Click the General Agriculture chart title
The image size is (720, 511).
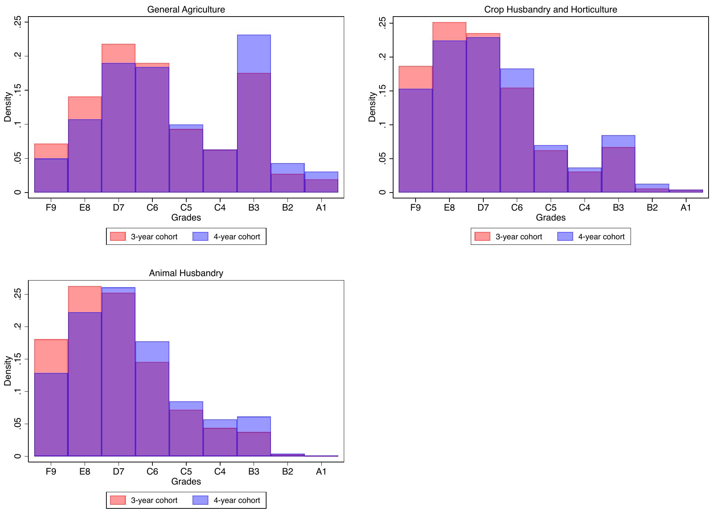point(186,10)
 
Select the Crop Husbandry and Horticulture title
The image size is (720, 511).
point(550,10)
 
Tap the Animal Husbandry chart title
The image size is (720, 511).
point(186,273)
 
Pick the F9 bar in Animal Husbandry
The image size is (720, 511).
point(51,405)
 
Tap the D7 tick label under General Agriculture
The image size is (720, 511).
point(119,208)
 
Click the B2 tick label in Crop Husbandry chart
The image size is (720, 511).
point(652,208)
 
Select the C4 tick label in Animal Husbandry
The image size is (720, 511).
point(220,472)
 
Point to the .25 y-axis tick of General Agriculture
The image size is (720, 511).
point(17,22)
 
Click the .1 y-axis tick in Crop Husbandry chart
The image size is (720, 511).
point(382,125)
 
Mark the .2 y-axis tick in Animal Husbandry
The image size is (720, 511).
point(17,327)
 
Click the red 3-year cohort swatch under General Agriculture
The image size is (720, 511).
point(118,236)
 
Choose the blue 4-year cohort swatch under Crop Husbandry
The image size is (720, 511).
point(565,236)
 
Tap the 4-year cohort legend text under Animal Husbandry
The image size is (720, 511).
point(237,500)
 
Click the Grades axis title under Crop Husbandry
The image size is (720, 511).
point(550,218)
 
